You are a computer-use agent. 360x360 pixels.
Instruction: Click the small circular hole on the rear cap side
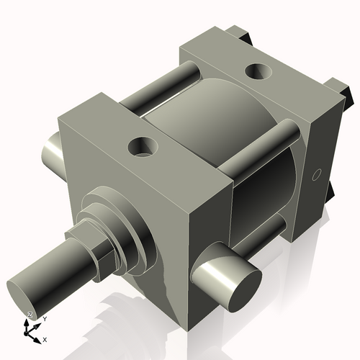(x=315, y=175)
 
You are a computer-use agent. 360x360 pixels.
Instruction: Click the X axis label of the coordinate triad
(x=45, y=338)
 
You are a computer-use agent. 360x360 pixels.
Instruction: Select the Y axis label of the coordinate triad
(x=44, y=318)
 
